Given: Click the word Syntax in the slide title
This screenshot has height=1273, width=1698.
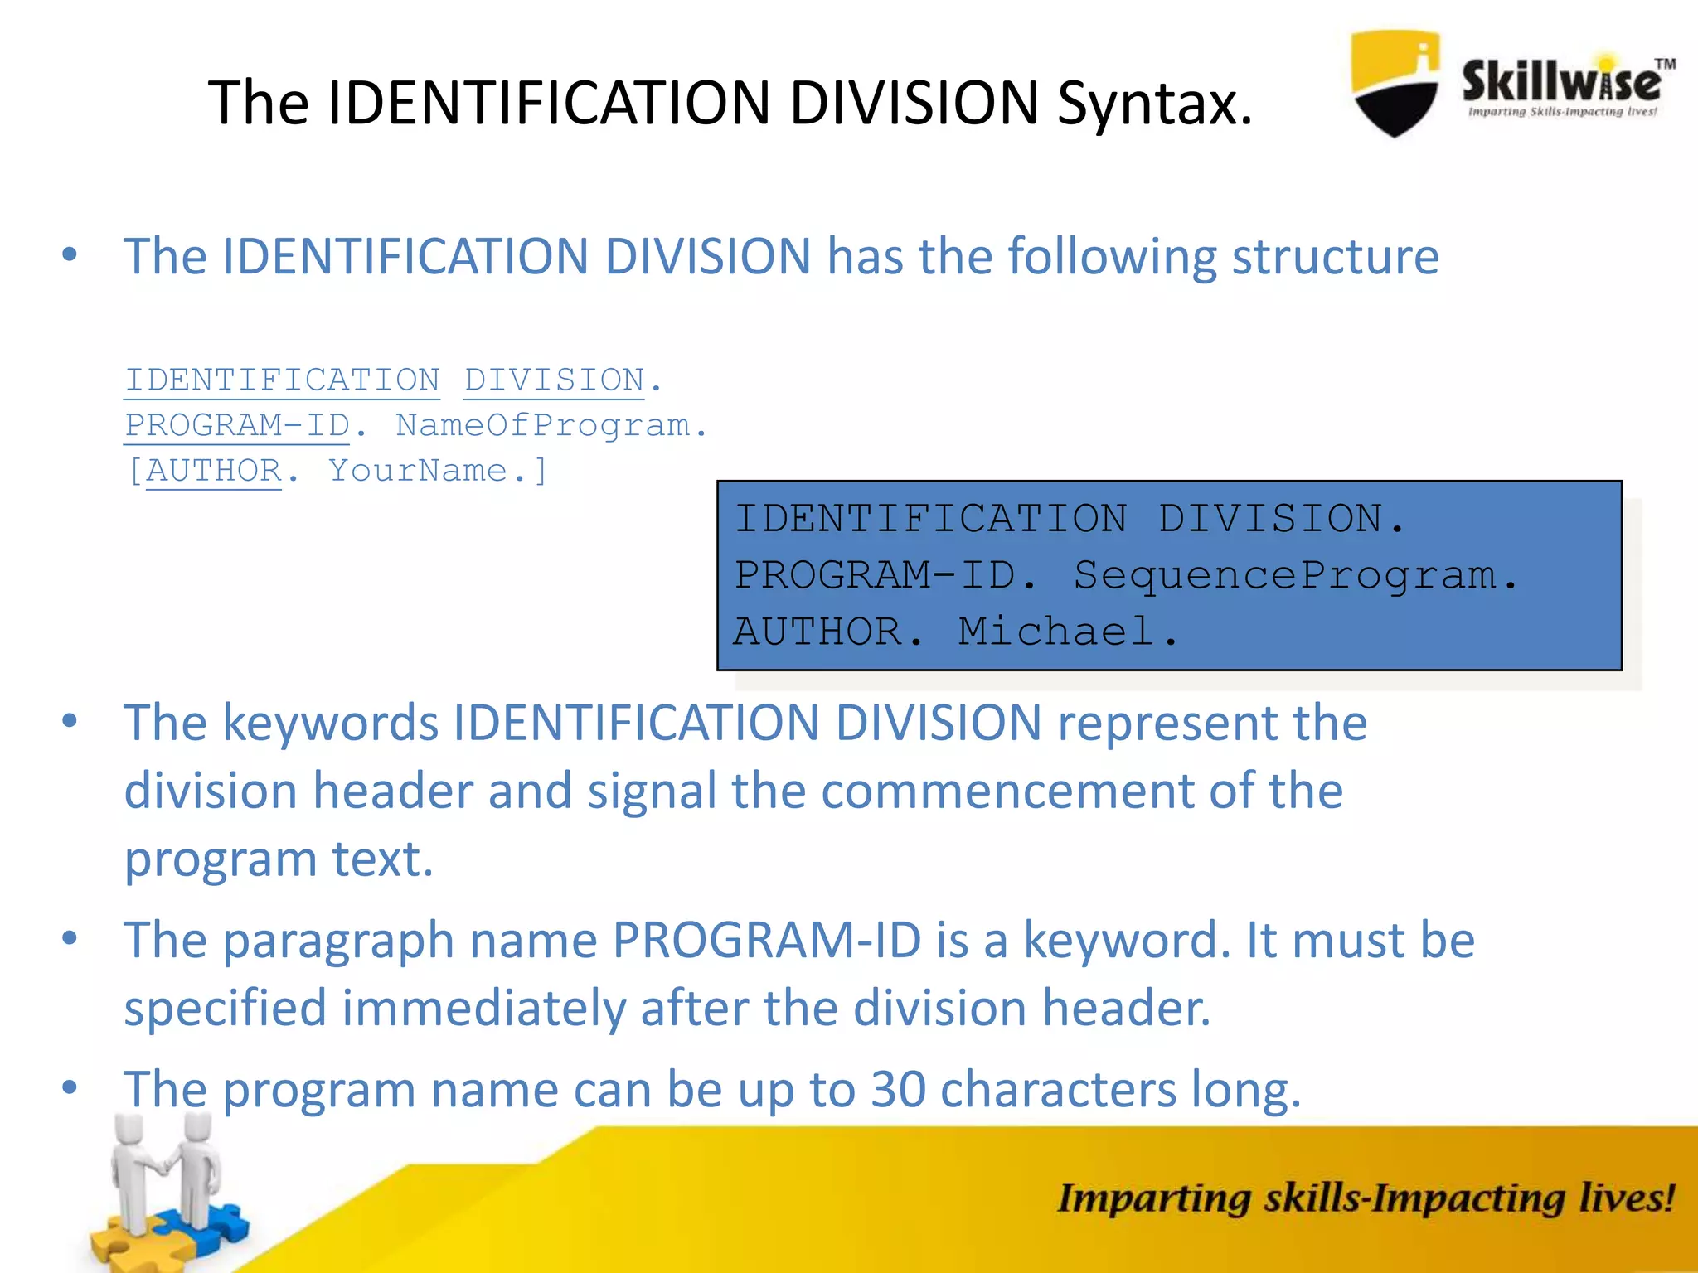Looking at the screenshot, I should [1154, 104].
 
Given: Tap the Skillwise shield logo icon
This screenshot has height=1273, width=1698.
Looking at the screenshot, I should [1395, 83].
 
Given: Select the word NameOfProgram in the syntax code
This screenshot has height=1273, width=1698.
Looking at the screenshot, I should [542, 426].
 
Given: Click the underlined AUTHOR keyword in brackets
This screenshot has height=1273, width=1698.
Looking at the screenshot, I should [214, 471].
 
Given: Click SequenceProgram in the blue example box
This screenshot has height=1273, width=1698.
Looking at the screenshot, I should [1284, 575].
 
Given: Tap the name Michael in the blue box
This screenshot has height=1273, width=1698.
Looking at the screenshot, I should [1055, 632].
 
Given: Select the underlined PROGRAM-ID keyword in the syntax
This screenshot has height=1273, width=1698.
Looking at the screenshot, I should [238, 426].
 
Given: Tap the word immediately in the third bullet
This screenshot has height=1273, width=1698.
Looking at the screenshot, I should [483, 1008].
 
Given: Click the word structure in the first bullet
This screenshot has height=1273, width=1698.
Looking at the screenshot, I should [1335, 256].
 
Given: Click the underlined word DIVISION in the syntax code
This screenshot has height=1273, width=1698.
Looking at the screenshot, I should [554, 380].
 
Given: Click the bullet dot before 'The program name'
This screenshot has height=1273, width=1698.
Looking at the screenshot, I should [70, 1086].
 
